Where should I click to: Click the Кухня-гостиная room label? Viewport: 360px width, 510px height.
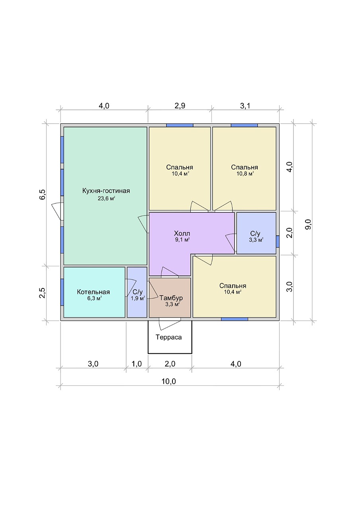pos(106,191)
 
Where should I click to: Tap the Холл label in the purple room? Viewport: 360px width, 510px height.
pos(182,233)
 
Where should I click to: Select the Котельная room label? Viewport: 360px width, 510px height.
pos(93,292)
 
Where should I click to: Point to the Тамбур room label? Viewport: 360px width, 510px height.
pos(171,298)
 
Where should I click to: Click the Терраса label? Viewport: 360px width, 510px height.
pos(168,337)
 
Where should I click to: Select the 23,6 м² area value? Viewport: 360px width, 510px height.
pos(106,198)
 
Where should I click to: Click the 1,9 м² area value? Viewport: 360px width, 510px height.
pos(138,298)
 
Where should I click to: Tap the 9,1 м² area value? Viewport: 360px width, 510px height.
pos(182,240)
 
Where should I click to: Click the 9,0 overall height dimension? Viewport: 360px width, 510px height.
pos(308,224)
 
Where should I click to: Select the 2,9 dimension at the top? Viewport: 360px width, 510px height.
pos(180,106)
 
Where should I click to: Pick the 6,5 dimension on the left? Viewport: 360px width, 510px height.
pos(43,194)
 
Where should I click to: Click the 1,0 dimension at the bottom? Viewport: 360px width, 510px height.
pos(137,364)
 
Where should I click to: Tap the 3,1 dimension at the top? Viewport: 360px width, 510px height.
pos(245,106)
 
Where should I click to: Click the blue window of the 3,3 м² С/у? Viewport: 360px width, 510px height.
pos(278,241)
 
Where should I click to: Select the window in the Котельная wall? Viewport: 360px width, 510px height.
pos(62,292)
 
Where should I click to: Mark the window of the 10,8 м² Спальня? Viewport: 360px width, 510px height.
pos(245,125)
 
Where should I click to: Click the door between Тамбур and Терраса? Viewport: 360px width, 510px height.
pos(170,324)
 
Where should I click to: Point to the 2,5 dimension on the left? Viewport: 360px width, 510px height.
pos(43,293)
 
